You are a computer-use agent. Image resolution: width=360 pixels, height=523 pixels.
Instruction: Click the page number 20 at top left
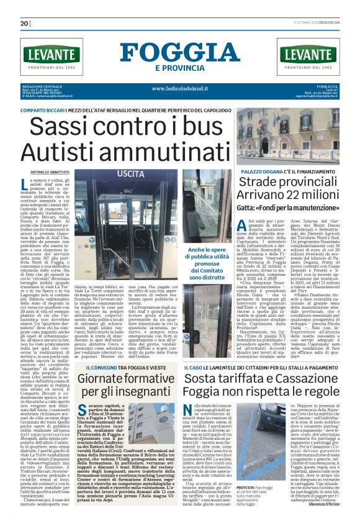tap(25, 23)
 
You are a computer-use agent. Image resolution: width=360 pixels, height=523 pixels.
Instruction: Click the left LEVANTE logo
tap(51, 56)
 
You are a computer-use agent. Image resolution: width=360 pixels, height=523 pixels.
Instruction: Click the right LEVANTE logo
tap(309, 56)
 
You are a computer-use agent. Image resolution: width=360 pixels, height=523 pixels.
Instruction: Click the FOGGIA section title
tap(180, 52)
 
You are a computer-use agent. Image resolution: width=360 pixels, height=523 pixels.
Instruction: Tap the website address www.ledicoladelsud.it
tap(180, 88)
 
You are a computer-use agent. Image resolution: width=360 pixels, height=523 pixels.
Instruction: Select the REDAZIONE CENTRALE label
tap(42, 85)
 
